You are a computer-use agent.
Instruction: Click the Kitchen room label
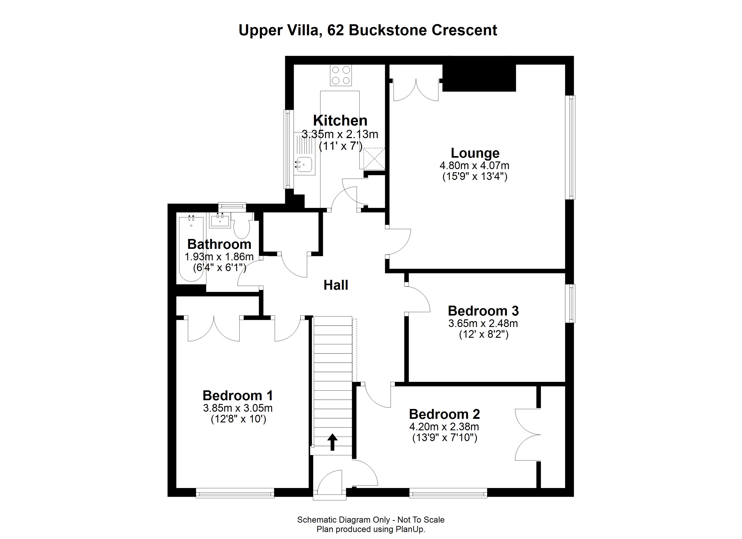[x=340, y=121]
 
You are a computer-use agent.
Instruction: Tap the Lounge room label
[x=475, y=153]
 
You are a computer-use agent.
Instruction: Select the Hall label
[x=336, y=285]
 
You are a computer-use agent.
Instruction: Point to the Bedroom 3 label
[x=483, y=311]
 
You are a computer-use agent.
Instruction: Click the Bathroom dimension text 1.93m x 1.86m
[x=219, y=257]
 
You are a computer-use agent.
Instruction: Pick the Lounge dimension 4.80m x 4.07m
[x=474, y=166]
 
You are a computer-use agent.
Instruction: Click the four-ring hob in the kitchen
[x=341, y=75]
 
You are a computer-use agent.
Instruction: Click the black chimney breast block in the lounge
[x=479, y=78]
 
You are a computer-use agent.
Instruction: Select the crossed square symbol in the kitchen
[x=374, y=159]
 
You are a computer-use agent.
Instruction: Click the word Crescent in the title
[x=465, y=30]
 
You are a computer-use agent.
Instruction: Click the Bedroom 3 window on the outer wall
[x=571, y=303]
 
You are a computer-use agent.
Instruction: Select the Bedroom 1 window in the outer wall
[x=235, y=493]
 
